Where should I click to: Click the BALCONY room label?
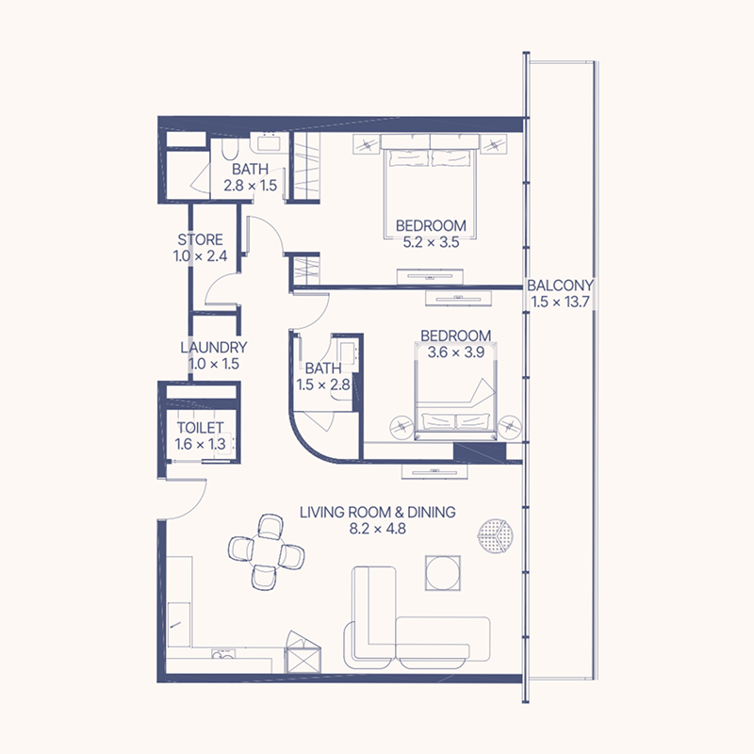point(561,286)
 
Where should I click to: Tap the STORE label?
point(200,239)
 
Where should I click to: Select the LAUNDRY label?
point(214,348)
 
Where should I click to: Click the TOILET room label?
point(201,428)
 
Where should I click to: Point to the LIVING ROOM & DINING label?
point(377,513)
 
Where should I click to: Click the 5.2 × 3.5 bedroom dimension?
point(431,242)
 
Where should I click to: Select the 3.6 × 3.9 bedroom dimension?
point(455,352)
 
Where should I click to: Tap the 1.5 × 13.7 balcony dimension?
point(561,302)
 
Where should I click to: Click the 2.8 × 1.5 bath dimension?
point(250,186)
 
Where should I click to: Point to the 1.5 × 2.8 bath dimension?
point(322,385)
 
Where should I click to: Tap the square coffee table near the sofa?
point(444,572)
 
